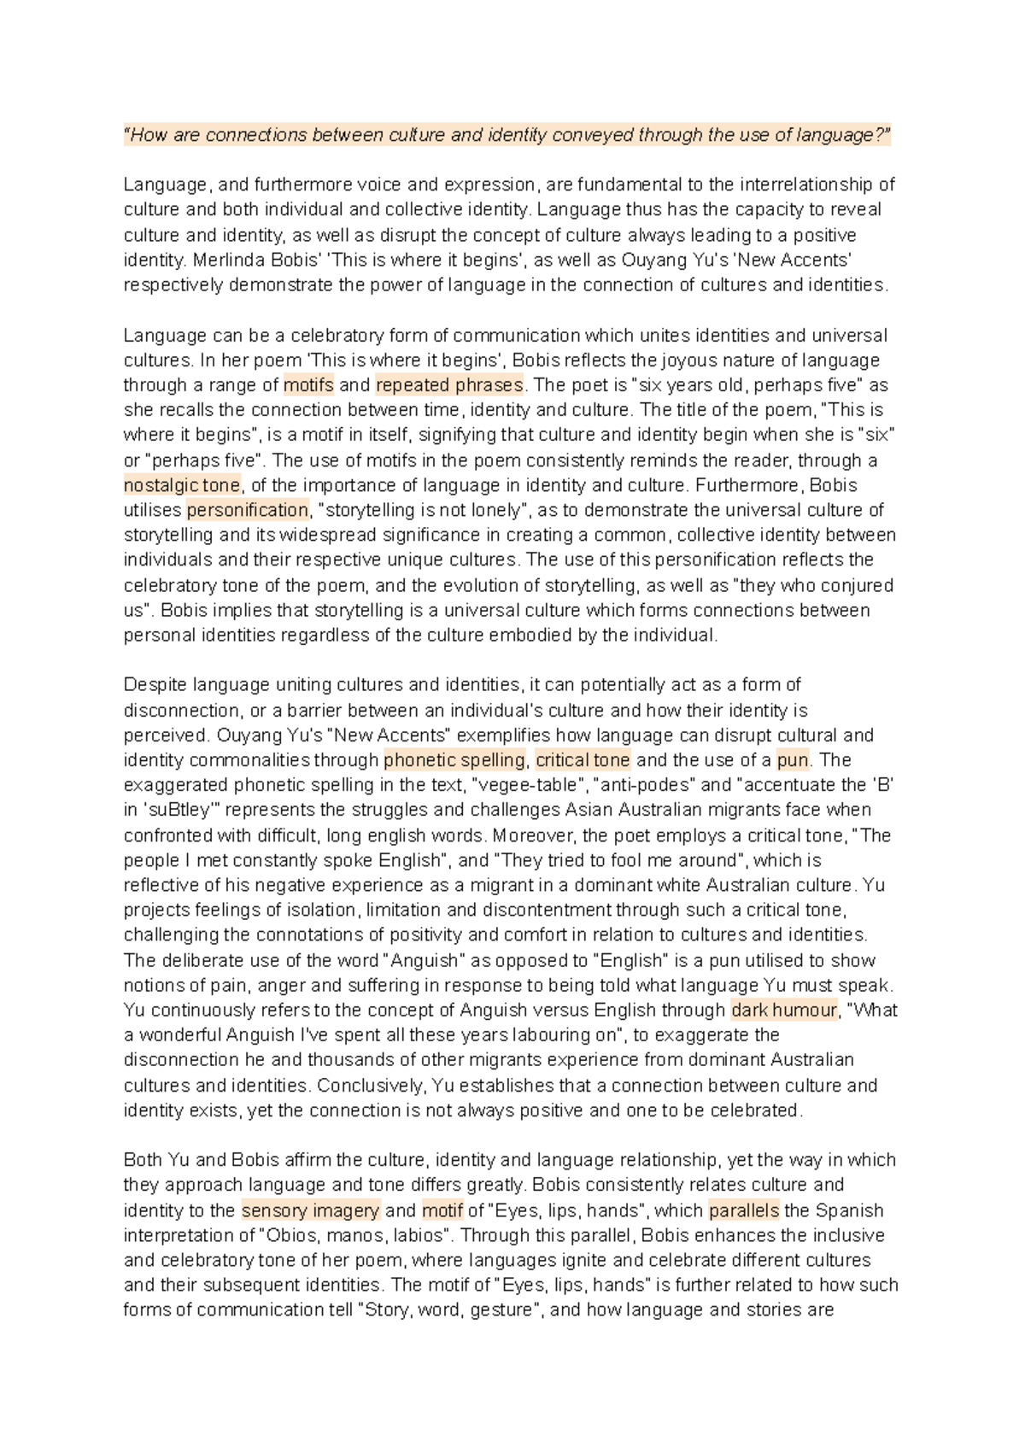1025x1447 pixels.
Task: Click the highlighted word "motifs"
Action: pos(308,385)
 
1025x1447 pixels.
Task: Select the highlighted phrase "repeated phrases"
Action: pos(449,385)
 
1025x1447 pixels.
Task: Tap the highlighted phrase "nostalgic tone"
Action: pos(182,485)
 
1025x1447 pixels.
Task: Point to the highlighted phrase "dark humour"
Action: pos(784,1011)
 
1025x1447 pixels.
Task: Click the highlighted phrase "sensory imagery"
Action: pos(310,1210)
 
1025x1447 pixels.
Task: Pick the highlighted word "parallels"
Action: pos(744,1210)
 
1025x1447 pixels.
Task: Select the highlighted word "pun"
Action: pos(793,760)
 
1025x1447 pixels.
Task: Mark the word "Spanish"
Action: pos(850,1210)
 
